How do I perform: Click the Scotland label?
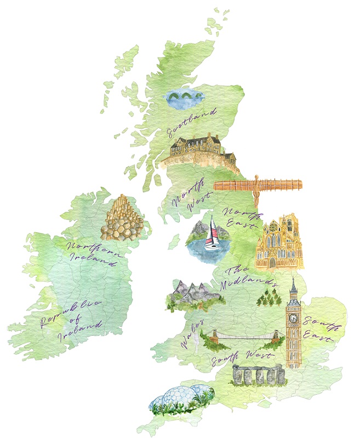192,122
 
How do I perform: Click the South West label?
242,358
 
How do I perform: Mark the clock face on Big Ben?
294,318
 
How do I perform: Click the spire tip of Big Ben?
293,280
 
